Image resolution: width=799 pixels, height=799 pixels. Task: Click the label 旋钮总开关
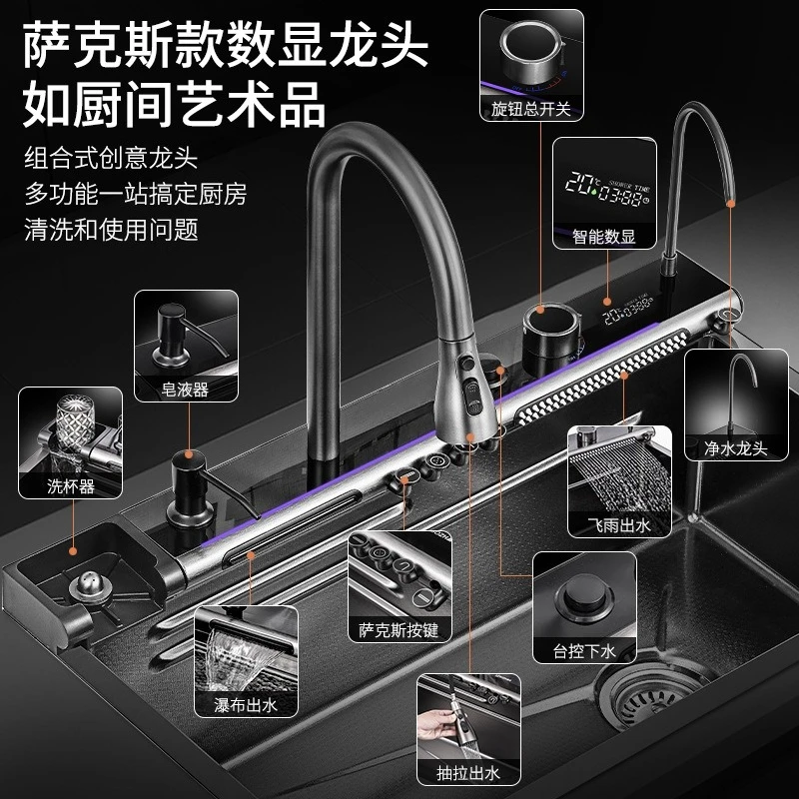pos(531,109)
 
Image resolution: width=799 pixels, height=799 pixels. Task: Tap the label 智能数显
pos(604,237)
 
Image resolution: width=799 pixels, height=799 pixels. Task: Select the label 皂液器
pos(185,390)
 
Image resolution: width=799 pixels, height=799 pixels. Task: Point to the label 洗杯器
pos(70,486)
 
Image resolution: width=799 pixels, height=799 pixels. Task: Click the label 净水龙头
pos(736,448)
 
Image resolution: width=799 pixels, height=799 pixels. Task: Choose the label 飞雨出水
pos(618,525)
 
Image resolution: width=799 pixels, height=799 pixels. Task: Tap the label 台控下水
pos(584,651)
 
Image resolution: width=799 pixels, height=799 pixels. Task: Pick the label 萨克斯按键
pos(399,630)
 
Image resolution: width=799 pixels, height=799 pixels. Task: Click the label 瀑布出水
pos(246,705)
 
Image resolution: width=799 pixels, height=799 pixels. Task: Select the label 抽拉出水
pos(468,773)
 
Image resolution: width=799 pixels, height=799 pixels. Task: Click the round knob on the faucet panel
pos(551,337)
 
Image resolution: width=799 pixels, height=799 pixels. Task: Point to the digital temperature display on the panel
pos(628,309)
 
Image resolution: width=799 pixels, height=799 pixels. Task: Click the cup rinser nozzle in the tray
pos(90,587)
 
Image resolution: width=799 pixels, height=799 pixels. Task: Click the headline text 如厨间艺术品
pos(174,105)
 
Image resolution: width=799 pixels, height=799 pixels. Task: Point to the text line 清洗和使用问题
pos(111,230)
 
